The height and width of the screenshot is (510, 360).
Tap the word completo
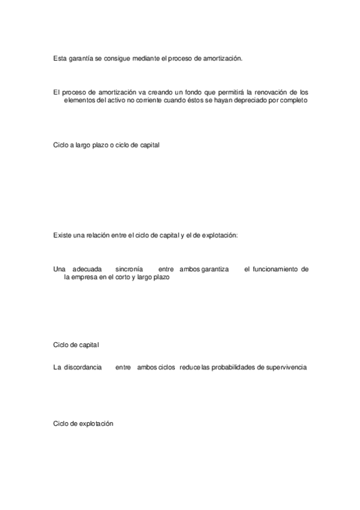coord(294,100)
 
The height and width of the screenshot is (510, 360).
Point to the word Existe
coord(62,235)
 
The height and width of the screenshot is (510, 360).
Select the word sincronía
coord(129,269)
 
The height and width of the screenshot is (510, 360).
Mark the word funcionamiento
coord(276,269)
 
